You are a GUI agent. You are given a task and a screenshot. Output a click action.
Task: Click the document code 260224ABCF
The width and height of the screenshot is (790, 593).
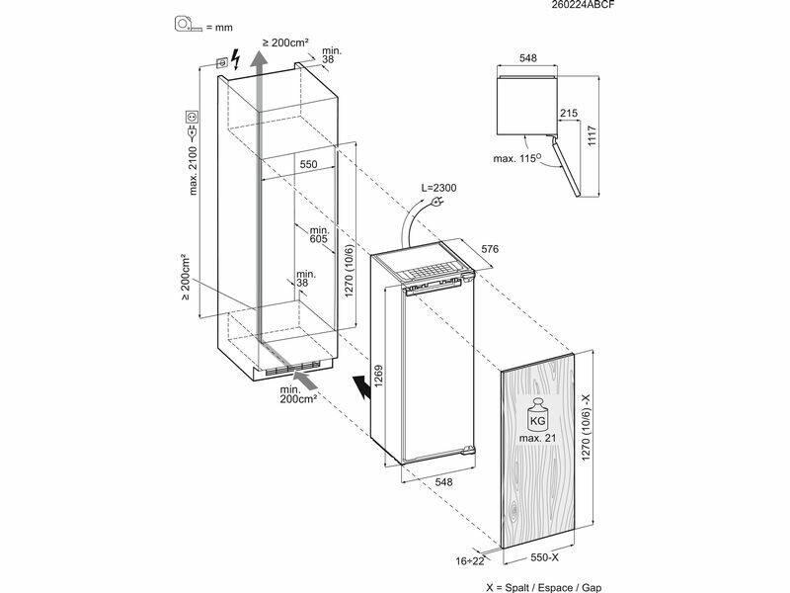584,5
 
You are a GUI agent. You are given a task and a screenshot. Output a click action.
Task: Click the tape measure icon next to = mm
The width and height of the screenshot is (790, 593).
188,24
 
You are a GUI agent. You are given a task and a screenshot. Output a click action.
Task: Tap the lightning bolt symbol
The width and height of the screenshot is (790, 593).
235,59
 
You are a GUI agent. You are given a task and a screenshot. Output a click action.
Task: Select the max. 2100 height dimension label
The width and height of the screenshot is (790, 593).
194,169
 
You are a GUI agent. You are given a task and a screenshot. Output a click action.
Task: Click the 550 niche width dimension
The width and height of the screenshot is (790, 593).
308,164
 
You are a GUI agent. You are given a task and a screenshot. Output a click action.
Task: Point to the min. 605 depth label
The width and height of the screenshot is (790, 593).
318,234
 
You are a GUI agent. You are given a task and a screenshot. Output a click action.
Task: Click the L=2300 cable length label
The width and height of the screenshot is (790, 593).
438,188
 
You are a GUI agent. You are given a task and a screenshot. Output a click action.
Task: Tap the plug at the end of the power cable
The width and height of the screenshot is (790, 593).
435,203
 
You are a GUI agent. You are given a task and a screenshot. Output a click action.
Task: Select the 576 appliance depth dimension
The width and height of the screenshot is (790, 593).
490,249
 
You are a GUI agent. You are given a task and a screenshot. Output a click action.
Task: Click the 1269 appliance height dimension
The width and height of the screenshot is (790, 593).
378,376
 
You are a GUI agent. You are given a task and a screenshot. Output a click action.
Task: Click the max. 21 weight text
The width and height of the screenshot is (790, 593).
537,438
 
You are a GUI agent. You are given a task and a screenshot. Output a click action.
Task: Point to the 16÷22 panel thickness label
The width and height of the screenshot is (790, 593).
470,560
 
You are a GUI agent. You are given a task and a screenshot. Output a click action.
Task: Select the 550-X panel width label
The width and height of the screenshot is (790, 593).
545,557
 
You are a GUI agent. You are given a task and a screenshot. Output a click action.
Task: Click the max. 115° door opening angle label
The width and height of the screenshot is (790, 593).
517,158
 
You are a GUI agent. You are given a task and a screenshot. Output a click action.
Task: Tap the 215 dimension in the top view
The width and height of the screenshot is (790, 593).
569,113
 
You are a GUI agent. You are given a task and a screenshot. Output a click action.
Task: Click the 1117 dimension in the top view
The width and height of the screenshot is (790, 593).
592,136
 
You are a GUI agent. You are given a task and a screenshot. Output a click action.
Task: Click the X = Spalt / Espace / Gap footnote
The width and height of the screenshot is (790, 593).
544,587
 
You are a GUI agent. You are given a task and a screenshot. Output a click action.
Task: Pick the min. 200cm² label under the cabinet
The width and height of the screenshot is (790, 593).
298,394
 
